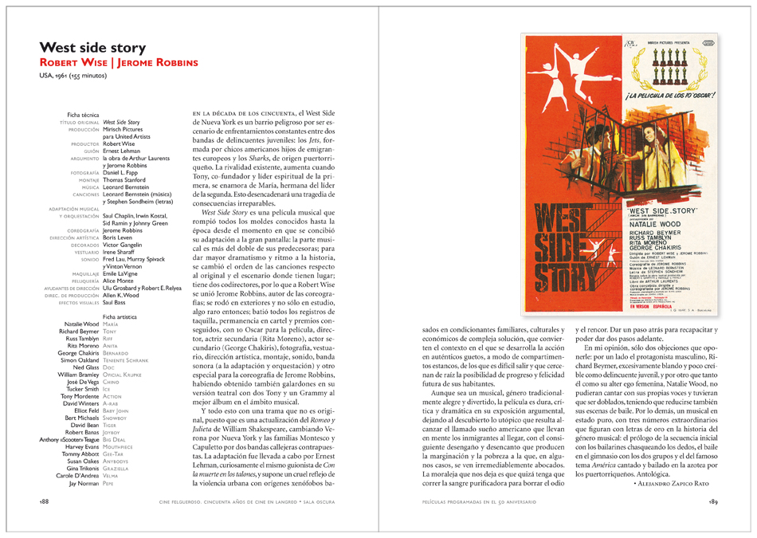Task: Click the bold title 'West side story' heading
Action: tap(92, 48)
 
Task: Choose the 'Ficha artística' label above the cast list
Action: tap(120, 317)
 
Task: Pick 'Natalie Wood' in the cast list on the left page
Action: tap(82, 324)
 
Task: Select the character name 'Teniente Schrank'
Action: tap(126, 359)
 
